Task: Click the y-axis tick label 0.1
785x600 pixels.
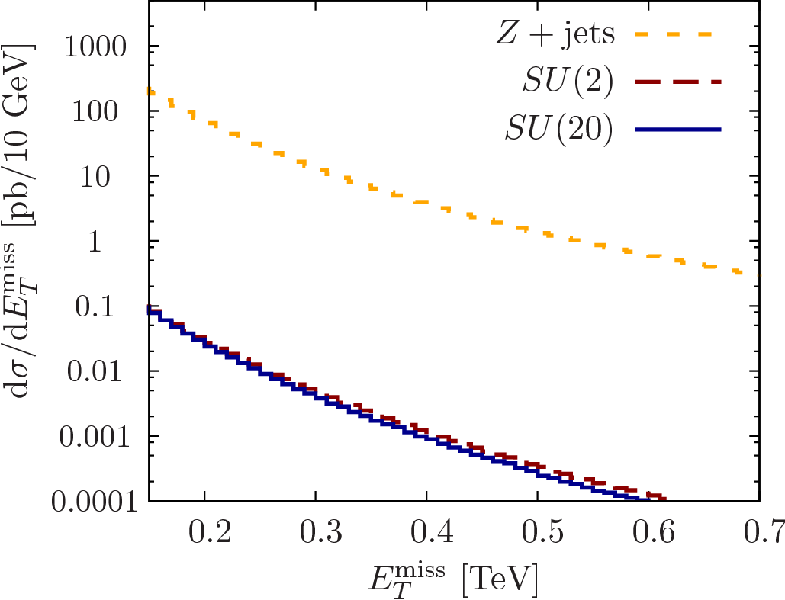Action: [x=113, y=306]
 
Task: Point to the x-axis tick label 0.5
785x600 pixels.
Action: [x=538, y=532]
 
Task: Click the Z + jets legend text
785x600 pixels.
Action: [x=555, y=34]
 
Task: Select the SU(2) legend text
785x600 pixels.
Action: [x=568, y=82]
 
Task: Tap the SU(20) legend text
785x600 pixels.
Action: [x=558, y=130]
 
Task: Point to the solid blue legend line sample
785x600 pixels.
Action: [x=677, y=130]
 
